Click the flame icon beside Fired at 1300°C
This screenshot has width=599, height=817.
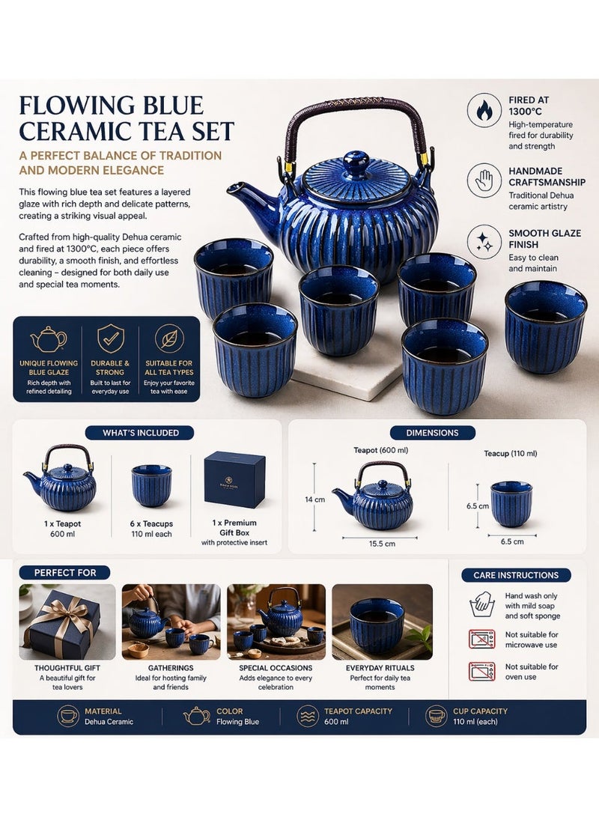(484, 110)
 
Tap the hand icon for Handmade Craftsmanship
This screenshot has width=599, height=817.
(484, 180)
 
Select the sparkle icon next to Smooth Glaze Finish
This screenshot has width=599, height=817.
(484, 243)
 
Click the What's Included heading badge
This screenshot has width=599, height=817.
(139, 433)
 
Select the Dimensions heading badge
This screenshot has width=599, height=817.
(432, 433)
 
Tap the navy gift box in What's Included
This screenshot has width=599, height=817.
(234, 479)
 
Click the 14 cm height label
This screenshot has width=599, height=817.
(314, 499)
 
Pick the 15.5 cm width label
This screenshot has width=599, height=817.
(382, 544)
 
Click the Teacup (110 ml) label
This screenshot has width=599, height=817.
(511, 453)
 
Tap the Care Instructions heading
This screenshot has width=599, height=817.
(516, 575)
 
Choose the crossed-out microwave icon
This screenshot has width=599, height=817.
(481, 639)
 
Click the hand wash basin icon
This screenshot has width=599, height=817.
(481, 604)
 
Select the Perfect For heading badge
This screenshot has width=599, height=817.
(65, 573)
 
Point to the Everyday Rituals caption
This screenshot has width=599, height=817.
(380, 668)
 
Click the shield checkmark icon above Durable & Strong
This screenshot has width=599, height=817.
(110, 338)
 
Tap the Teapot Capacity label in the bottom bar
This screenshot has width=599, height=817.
(359, 711)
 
